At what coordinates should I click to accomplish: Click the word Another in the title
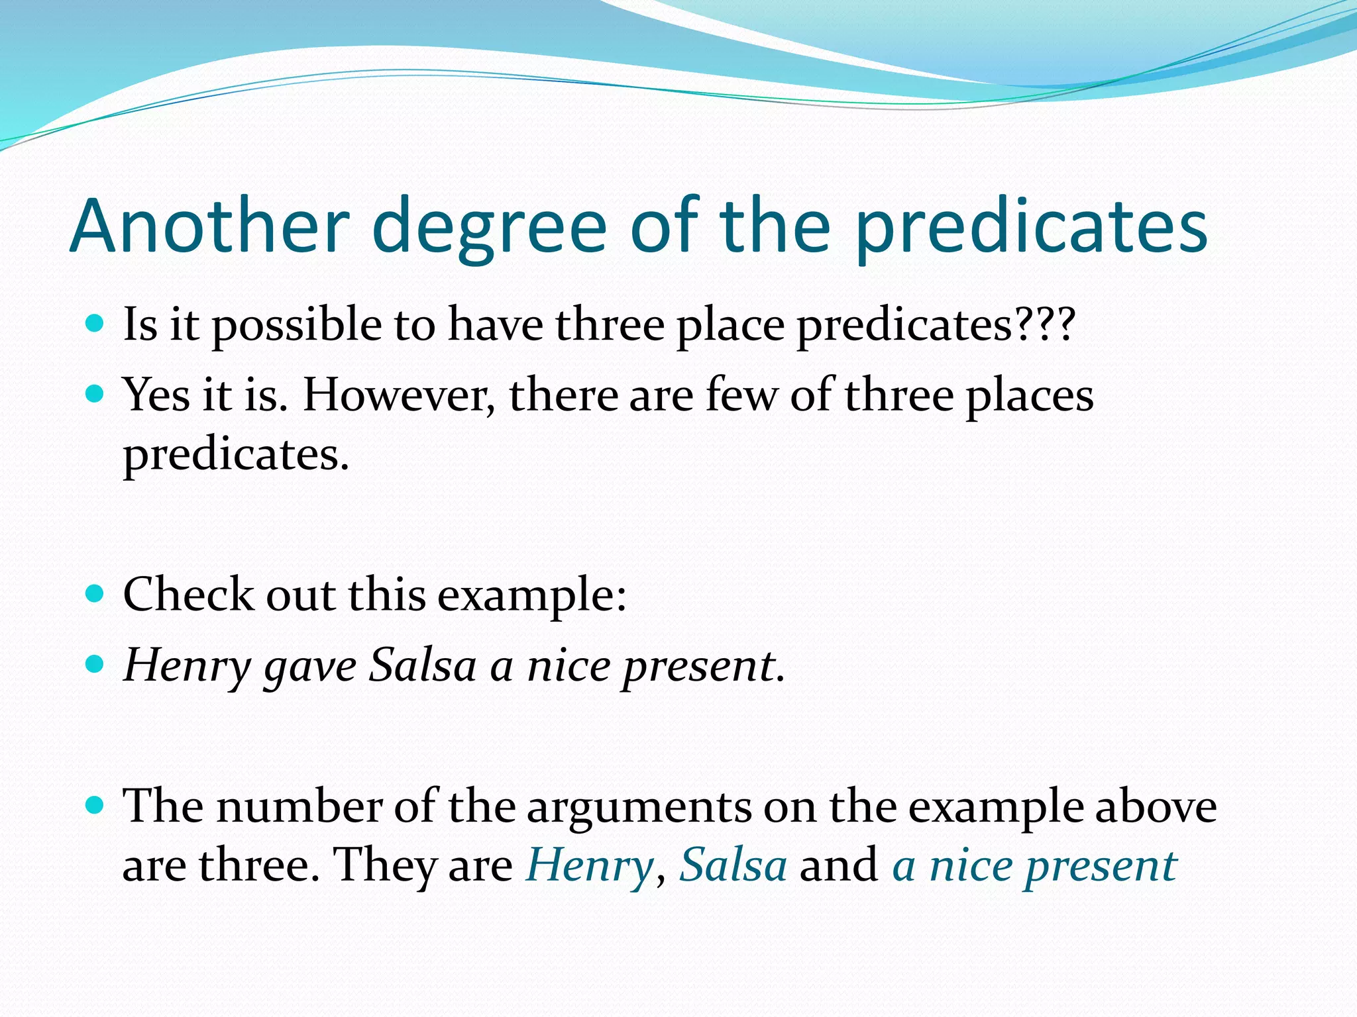pyautogui.click(x=209, y=226)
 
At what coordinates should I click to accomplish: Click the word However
pyautogui.click(x=398, y=395)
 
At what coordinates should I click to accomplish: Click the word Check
pyautogui.click(x=188, y=594)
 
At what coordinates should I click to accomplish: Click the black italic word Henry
pyautogui.click(x=187, y=666)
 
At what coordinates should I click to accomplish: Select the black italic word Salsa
pyautogui.click(x=423, y=665)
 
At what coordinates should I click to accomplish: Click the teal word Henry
pyautogui.click(x=590, y=866)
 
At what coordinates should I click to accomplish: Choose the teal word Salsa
pyautogui.click(x=733, y=865)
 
